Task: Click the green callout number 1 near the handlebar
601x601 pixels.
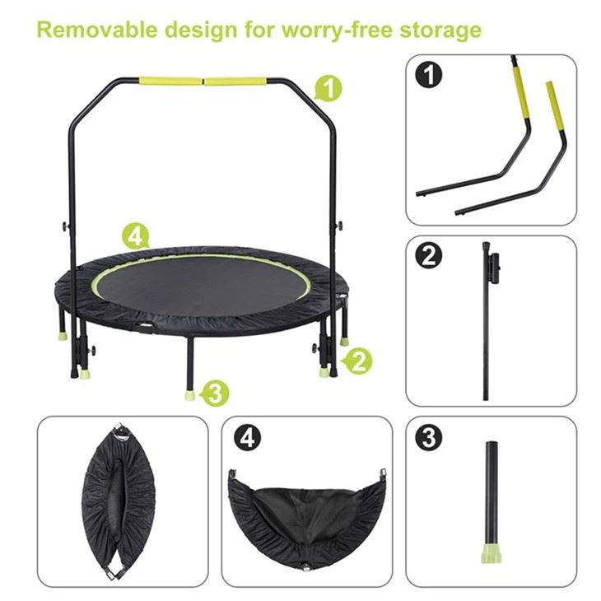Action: click(328, 87)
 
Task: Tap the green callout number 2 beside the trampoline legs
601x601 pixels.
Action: click(357, 360)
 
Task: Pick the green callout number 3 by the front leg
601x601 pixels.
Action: click(215, 393)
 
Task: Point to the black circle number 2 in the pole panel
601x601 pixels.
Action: click(428, 255)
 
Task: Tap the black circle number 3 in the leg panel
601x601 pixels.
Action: click(428, 437)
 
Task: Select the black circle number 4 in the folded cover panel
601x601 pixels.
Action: click(245, 437)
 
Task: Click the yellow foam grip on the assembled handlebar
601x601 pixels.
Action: click(205, 82)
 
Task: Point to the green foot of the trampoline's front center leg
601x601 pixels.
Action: click(189, 393)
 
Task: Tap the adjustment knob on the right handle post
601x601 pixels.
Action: click(338, 227)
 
